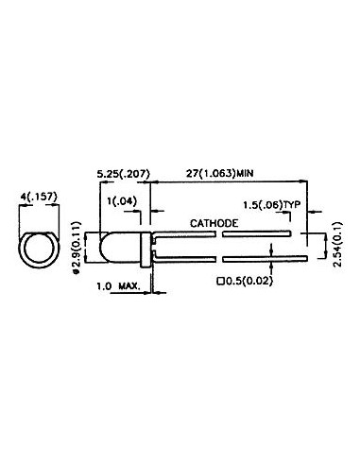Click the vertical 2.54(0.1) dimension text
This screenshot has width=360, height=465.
coord(338,244)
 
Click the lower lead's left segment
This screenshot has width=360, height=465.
coord(180,256)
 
